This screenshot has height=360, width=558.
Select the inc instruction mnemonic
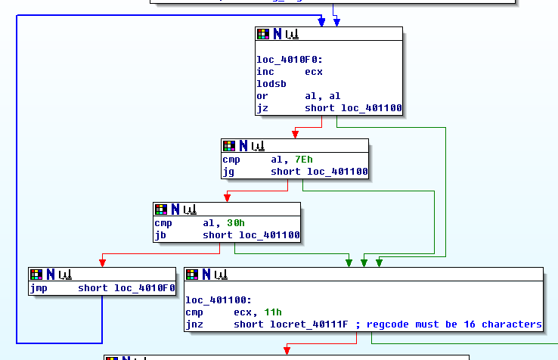[265, 72]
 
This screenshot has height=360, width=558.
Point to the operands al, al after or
[322, 96]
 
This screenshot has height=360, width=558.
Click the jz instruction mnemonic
[262, 109]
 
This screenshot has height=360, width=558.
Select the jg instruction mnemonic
[228, 172]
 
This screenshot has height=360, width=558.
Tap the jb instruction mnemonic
[160, 235]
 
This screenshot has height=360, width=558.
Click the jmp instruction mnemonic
[39, 288]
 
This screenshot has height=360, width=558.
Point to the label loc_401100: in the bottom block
[215, 300]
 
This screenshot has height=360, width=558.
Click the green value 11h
[274, 312]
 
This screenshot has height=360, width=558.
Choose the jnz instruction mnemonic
[194, 324]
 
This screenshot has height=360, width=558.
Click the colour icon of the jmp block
[36, 274]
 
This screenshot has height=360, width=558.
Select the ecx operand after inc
[314, 72]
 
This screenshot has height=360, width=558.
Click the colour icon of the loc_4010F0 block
[263, 33]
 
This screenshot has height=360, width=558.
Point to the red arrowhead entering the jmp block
[103, 262]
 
